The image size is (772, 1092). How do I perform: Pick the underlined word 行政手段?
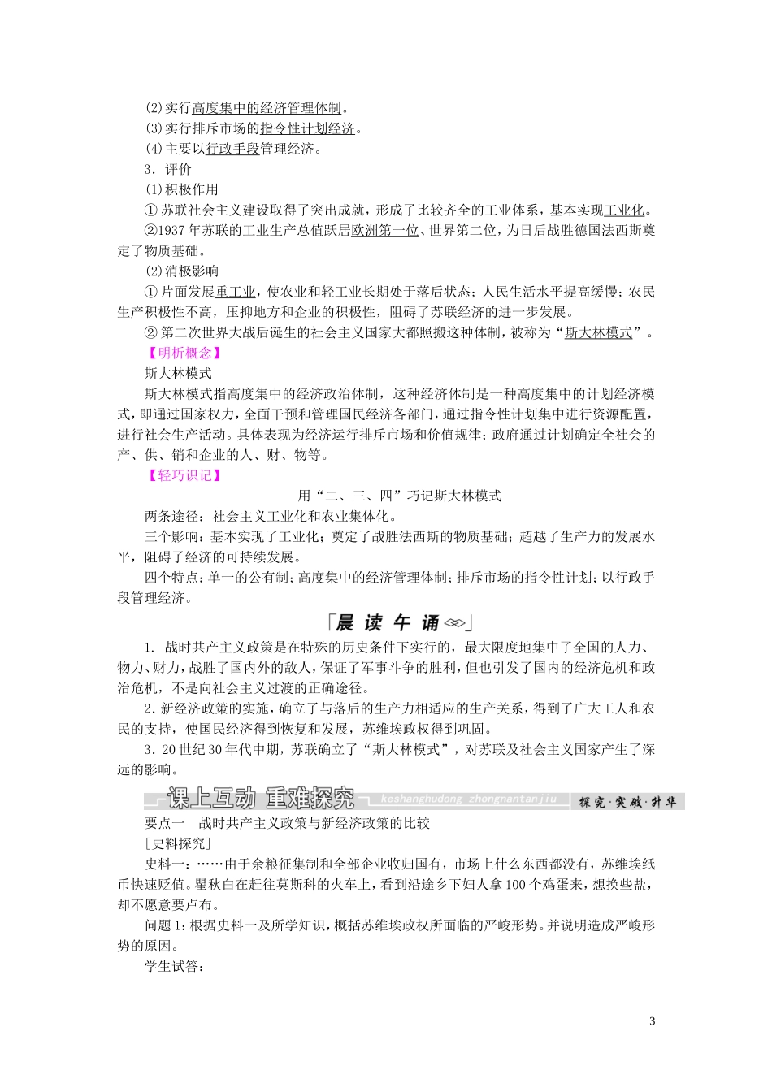coord(232,149)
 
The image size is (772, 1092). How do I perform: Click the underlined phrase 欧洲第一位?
coord(384,230)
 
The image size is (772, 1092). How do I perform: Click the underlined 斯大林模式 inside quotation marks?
coord(598,332)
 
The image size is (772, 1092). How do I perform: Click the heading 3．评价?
coord(167,169)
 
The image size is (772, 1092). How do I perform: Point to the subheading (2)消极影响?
coord(182,271)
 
